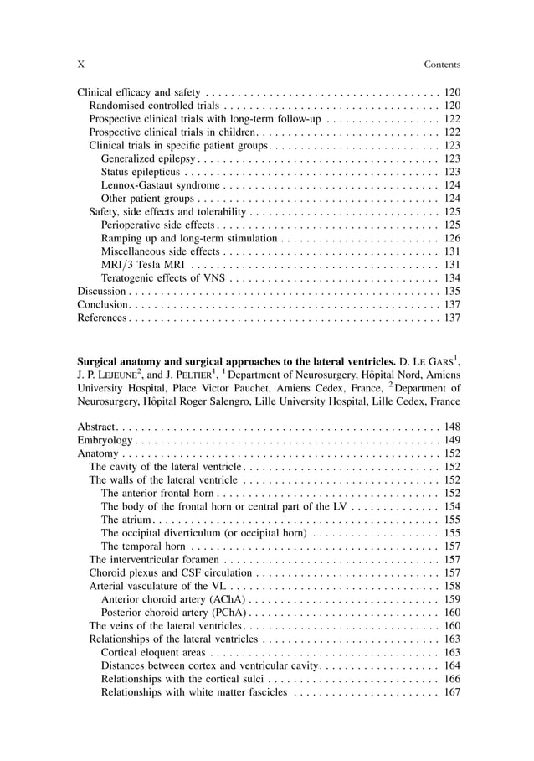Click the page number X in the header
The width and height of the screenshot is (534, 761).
coord(80,65)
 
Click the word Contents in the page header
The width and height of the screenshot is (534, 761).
coord(442,65)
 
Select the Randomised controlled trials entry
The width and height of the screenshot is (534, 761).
coord(154,106)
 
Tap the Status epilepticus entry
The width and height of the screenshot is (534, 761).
coord(139,172)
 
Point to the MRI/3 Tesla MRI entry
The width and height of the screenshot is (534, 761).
coord(136,265)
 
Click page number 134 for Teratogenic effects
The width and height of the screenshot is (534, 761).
coord(452,277)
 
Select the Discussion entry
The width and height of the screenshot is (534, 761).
coord(100,291)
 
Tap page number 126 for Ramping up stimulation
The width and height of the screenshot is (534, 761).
coord(452,238)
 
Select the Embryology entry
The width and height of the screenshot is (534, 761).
coord(105,440)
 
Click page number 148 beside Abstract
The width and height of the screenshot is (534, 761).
coord(452,427)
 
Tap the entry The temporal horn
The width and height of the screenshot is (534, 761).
coord(142,546)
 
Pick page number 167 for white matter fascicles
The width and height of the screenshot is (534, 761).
coord(452,691)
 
